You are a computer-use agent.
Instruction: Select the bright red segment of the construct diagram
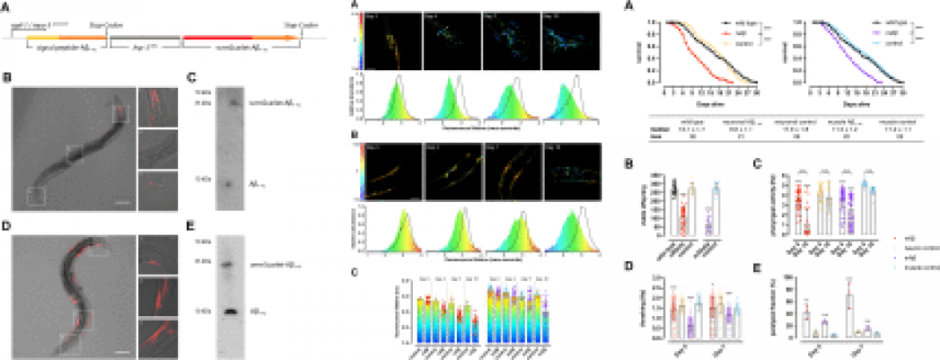216,37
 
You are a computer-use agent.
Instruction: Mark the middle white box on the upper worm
74,154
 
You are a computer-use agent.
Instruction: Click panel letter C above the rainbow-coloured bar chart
355,269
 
